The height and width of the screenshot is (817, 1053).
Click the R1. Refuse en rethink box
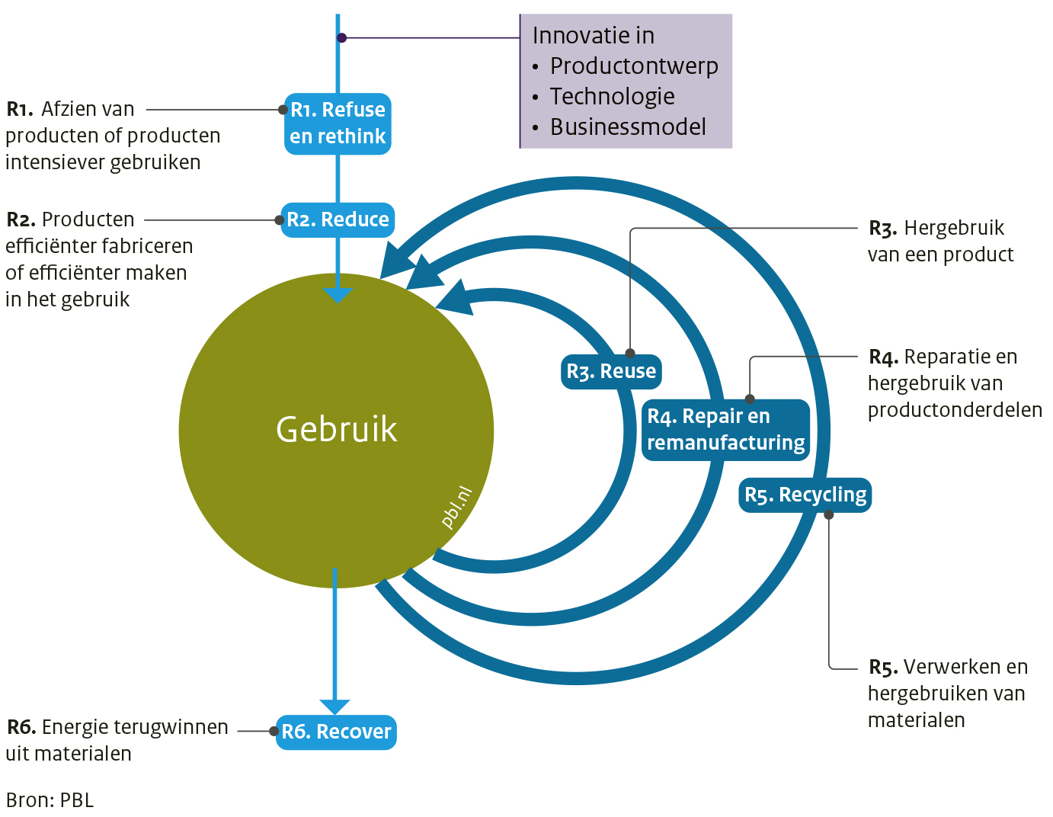[338, 123]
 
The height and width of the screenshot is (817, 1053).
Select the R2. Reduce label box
[338, 219]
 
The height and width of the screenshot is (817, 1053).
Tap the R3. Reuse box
[611, 371]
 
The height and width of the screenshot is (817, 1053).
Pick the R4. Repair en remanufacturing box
[725, 429]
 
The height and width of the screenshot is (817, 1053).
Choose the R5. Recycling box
[805, 495]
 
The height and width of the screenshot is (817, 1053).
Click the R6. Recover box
[336, 732]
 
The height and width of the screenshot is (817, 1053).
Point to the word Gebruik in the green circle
[336, 429]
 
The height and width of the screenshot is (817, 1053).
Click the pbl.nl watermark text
[457, 507]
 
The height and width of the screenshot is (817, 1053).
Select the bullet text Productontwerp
[634, 66]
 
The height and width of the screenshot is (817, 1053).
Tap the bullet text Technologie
[612, 97]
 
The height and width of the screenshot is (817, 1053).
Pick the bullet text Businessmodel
[628, 127]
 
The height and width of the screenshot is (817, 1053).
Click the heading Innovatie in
[593, 36]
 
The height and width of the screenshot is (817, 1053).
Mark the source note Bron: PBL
[50, 800]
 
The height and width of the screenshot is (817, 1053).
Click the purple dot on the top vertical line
[342, 37]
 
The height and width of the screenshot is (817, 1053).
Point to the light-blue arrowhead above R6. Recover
[334, 706]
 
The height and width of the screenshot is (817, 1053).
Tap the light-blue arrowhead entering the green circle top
[338, 295]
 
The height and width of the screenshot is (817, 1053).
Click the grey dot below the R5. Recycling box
[829, 515]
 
